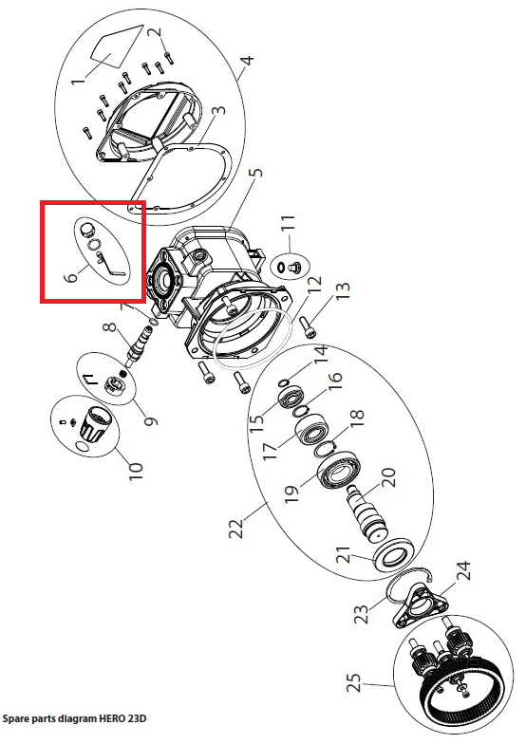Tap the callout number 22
click(x=236, y=528)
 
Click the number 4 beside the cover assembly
click(x=247, y=61)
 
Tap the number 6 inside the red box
click(x=71, y=275)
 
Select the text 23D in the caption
click(x=137, y=718)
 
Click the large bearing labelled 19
click(x=339, y=474)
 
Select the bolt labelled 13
click(x=308, y=327)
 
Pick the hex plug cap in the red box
click(x=85, y=231)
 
